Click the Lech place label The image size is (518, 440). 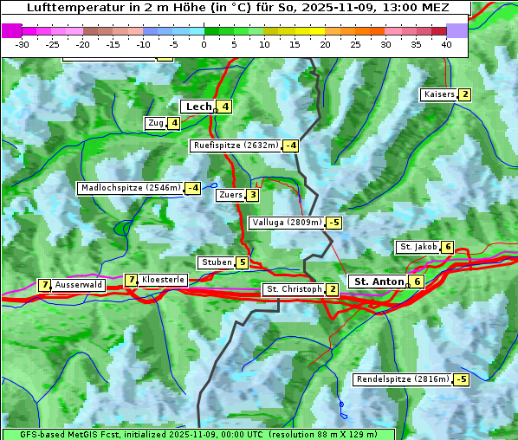[x=198, y=107]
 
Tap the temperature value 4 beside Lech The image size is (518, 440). [x=224, y=107]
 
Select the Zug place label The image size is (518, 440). [x=155, y=123]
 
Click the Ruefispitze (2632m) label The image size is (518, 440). [x=236, y=146]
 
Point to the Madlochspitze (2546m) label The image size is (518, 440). [x=130, y=188]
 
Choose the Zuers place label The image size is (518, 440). [x=230, y=195]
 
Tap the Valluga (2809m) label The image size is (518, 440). [x=287, y=223]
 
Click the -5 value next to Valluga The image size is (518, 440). [x=334, y=223]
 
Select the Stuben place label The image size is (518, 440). [x=216, y=262]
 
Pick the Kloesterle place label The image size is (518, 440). [x=163, y=280]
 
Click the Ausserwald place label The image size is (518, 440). [x=79, y=285]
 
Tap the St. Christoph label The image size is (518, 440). [x=294, y=289]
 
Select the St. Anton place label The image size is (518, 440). [x=379, y=281]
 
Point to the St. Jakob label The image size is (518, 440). [x=418, y=247]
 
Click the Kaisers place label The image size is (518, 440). [x=438, y=94]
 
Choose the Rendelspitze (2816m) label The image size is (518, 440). [x=403, y=379]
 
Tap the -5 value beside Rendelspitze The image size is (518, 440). [x=462, y=379]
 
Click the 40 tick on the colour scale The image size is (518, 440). [x=446, y=44]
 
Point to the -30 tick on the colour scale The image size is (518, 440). [x=23, y=44]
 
